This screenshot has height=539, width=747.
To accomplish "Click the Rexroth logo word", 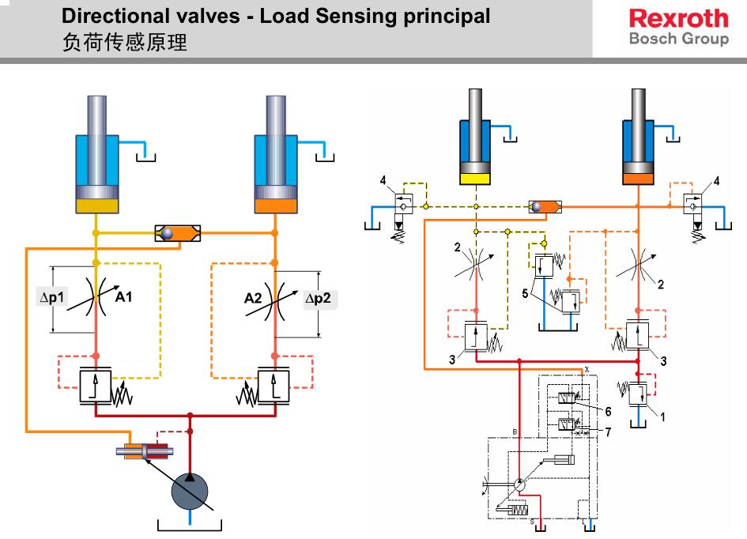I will (x=678, y=18).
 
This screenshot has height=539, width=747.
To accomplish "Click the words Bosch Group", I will (x=678, y=39).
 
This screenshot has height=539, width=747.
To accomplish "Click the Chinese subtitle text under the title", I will (x=125, y=43).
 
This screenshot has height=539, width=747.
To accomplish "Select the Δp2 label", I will (x=320, y=299).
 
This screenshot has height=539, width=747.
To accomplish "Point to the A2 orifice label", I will (x=253, y=299).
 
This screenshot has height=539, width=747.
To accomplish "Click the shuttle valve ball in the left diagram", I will (x=167, y=233).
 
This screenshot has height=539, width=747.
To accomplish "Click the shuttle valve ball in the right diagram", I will (x=537, y=206).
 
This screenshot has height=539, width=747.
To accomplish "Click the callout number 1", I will (x=662, y=418).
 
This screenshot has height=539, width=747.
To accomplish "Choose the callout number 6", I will (x=608, y=411).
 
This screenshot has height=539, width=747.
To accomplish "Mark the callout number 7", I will (x=608, y=432).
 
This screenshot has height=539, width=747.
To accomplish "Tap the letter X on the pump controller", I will (x=587, y=370).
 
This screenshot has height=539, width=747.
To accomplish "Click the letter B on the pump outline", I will (x=514, y=432).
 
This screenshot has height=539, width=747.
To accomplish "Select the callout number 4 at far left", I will (x=383, y=181).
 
